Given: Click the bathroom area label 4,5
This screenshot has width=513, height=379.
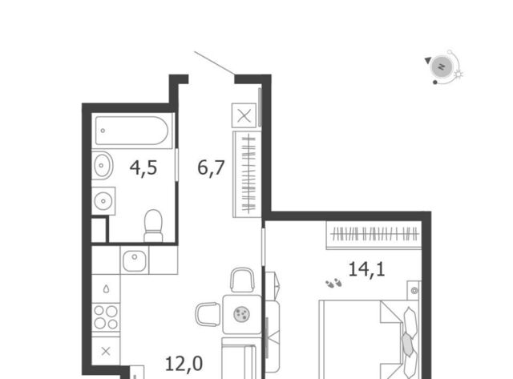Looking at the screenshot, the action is coord(143,168).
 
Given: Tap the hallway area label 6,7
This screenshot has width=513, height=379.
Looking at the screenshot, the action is coord(211,168).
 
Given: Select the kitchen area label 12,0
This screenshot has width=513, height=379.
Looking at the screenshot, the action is coord(184,364).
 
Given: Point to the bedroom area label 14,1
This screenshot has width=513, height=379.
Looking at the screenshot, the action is coord(366,269).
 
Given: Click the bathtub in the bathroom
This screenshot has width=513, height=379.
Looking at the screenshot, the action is coord(131,131).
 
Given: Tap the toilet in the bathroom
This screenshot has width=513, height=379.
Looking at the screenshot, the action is coord(153,226).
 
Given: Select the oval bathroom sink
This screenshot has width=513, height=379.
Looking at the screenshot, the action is coord(103,166).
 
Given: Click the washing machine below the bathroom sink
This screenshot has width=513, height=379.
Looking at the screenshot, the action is coord(103,201).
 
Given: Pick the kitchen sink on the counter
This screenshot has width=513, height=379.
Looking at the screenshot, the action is coord(135,260).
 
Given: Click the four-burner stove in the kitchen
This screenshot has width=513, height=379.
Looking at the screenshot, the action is coord(106,317).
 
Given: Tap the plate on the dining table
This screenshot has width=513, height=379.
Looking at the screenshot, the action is coord(242,314).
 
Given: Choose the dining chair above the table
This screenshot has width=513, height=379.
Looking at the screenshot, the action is coord(242,280).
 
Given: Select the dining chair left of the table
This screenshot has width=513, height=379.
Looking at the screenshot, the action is coord(208,314).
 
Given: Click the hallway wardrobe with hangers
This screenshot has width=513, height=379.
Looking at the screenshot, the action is coord(248,175).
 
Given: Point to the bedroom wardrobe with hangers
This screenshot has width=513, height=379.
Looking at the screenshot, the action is coord(374,235).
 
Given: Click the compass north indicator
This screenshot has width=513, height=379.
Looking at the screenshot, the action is coord(442,67).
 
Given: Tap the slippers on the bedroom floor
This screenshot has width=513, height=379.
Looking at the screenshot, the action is coord(333,283).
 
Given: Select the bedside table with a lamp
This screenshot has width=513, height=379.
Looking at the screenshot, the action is coord(414,290).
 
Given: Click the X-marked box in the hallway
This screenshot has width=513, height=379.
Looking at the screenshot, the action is coord(244,115).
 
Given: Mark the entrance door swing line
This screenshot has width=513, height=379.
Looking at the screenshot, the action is coord(214,63).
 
